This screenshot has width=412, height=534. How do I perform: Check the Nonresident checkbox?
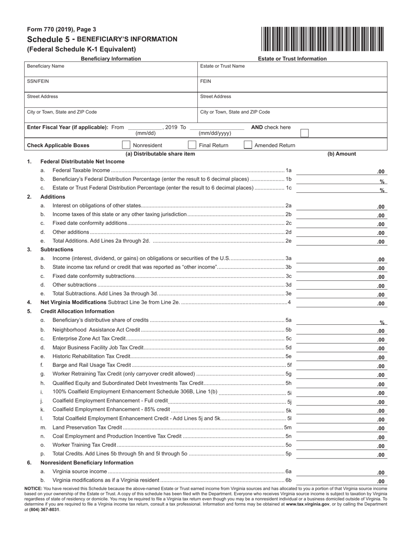point(126,145)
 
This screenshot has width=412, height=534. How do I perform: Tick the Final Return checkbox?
point(192,145)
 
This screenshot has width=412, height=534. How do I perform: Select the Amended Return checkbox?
point(248,145)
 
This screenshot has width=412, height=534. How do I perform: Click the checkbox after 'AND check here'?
point(304,133)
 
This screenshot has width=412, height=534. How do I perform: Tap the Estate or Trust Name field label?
point(222,66)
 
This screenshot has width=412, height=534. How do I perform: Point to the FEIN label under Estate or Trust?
point(206,81)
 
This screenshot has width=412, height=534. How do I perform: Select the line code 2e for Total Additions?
point(288,241)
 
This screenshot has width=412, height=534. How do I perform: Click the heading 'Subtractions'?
point(57,250)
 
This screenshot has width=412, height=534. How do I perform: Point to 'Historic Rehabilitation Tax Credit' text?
point(91,356)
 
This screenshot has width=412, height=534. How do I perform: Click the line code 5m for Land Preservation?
point(288,428)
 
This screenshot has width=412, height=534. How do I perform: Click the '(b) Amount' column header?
point(341,154)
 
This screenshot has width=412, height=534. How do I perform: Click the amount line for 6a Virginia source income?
point(341,472)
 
